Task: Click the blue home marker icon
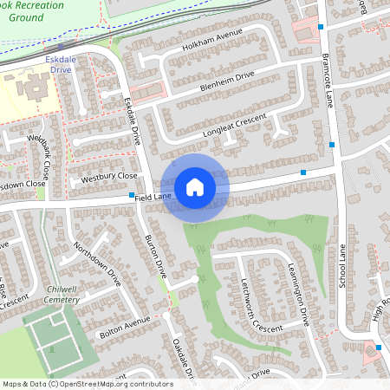tap(195, 186)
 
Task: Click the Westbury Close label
tap(109, 177)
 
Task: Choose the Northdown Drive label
tap(96, 263)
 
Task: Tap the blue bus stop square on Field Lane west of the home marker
tap(132, 195)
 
